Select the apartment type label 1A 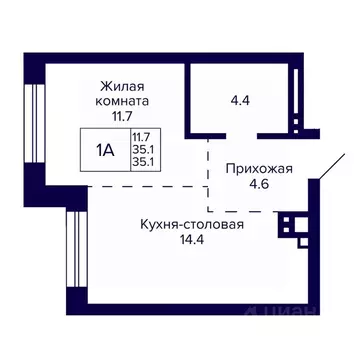(x=104, y=151)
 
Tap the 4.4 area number (x=240, y=100)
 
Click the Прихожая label (x=259, y=168)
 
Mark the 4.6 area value (x=259, y=184)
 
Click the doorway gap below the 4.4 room (x=234, y=134)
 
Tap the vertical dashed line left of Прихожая (x=208, y=175)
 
